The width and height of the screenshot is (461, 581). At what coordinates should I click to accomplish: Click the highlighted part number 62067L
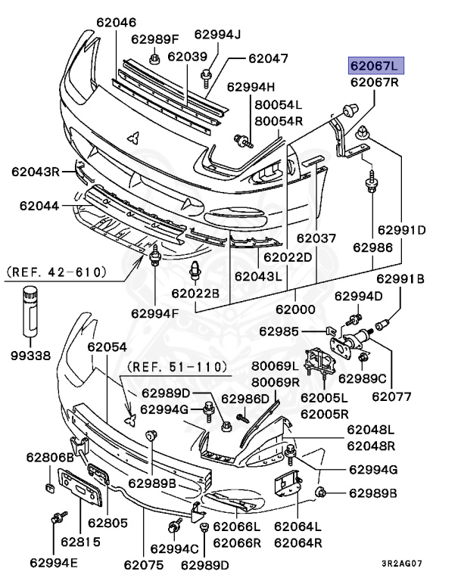pyautogui.click(x=375, y=64)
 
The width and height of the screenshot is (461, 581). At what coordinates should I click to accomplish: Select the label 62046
pyautogui.click(x=117, y=23)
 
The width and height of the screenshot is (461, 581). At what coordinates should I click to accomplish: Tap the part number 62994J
pyautogui.click(x=217, y=34)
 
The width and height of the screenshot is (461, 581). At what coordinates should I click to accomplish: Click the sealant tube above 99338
pyautogui.click(x=30, y=311)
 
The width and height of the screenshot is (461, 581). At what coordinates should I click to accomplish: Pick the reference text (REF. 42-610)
pyautogui.click(x=57, y=269)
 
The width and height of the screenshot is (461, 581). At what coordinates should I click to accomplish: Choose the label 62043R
pyautogui.click(x=35, y=172)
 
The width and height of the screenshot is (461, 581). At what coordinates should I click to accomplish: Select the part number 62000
pyautogui.click(x=295, y=309)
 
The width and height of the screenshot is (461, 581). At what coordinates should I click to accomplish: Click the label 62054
pyautogui.click(x=107, y=347)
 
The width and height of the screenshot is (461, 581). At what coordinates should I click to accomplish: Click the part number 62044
pyautogui.click(x=40, y=204)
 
